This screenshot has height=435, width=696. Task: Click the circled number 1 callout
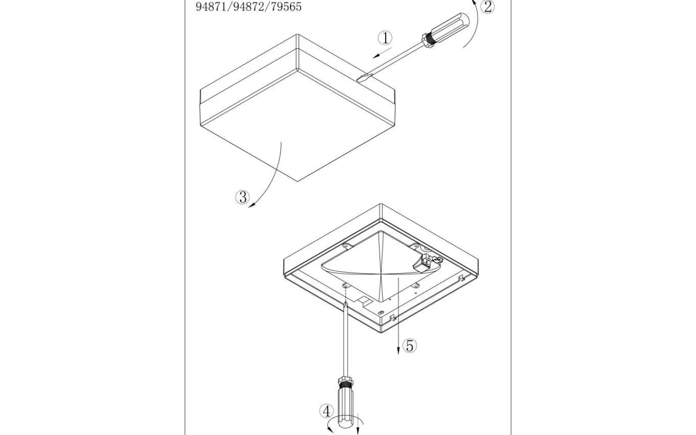coord(385,38)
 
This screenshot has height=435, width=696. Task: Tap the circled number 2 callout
coord(488,7)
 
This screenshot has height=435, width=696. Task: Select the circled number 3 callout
coord(242,197)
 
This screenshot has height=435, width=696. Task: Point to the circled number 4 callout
coord(327,411)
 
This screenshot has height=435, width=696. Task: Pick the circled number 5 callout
coord(409,346)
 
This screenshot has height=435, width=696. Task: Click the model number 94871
coord(211,7)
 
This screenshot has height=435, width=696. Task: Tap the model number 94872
coord(248,7)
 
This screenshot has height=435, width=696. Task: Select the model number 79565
coord(286,7)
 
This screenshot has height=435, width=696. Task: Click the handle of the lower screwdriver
coord(345,410)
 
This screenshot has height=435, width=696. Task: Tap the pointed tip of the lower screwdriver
coord(346,303)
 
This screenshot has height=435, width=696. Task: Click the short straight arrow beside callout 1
coord(382,53)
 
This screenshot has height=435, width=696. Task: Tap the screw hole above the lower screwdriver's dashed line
coord(345,285)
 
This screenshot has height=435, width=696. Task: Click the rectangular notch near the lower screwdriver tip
coord(364,300)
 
